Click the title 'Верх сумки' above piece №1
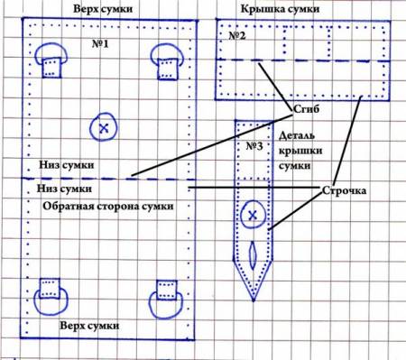(103, 9)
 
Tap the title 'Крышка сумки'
(280, 9)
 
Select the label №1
(100, 44)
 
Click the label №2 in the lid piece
(237, 36)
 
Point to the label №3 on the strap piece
(254, 146)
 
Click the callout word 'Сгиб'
(306, 109)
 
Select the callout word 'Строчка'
(344, 190)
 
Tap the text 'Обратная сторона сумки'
(108, 207)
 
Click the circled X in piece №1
(103, 127)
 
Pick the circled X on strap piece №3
(253, 215)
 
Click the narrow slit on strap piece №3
(253, 255)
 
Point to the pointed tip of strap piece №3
(254, 300)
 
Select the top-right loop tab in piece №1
(167, 61)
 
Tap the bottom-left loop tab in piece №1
(51, 297)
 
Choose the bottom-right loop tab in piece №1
(166, 300)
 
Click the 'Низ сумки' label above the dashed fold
(67, 165)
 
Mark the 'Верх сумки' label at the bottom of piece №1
(89, 326)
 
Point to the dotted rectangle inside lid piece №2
(306, 28)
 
